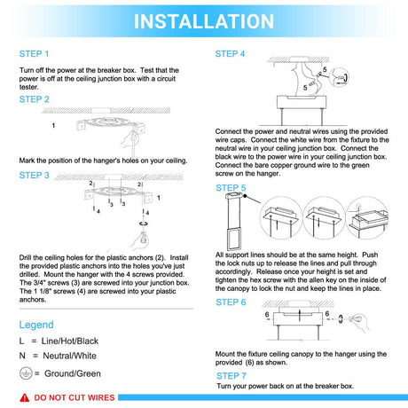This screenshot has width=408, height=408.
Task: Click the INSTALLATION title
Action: pyautogui.click(x=204, y=21)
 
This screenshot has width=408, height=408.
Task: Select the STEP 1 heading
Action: pyautogui.click(x=34, y=54)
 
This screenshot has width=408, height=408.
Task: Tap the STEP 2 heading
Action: pyautogui.click(x=35, y=99)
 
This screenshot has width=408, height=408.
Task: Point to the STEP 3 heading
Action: pyautogui.click(x=35, y=176)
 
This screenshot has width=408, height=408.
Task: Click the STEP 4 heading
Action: pyautogui.click(x=230, y=54)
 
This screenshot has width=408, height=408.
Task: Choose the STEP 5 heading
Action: pyautogui.click(x=231, y=188)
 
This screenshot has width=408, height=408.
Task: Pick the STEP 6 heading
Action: pyautogui.click(x=231, y=302)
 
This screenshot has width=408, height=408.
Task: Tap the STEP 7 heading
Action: pyautogui.click(x=231, y=376)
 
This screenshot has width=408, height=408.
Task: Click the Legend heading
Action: pyautogui.click(x=36, y=325)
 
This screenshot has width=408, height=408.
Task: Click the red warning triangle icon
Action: pyautogui.click(x=25, y=397)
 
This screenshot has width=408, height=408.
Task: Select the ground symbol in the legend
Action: pyautogui.click(x=26, y=373)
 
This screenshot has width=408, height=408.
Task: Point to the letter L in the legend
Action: pyautogui.click(x=21, y=341)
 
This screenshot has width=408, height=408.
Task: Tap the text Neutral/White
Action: pyautogui.click(x=70, y=356)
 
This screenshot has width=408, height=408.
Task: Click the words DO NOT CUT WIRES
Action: pyautogui.click(x=75, y=397)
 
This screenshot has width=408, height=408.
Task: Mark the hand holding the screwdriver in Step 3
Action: pyautogui.click(x=139, y=240)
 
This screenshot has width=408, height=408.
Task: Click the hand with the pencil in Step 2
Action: pyautogui.click(x=130, y=139)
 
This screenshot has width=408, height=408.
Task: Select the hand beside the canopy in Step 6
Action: pyautogui.click(x=359, y=322)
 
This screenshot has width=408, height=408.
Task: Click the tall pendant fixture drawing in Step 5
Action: pyautogui.click(x=234, y=222)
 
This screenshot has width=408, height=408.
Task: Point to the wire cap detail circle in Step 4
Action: pyautogui.click(x=340, y=77)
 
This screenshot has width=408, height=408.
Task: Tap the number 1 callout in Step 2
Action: pyautogui.click(x=53, y=125)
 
